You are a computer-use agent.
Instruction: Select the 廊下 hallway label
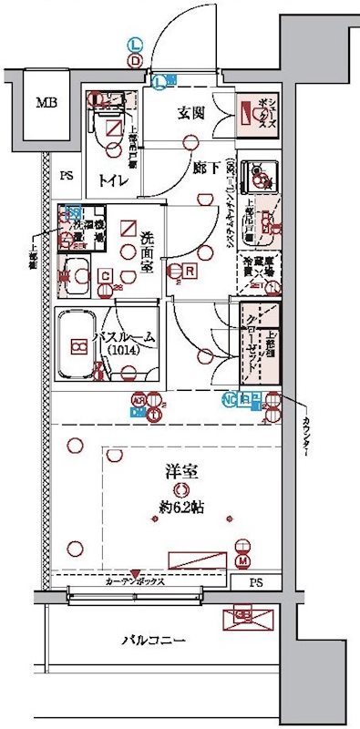205,168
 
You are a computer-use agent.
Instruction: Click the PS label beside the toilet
67,176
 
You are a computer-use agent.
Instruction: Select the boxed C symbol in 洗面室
106,275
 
